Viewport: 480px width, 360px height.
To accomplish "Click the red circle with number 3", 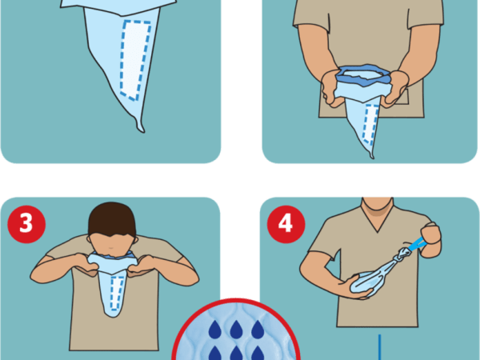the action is point(26,224).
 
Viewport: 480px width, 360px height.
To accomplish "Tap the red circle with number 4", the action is point(286,224).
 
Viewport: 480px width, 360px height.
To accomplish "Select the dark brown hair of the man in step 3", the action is point(112,218).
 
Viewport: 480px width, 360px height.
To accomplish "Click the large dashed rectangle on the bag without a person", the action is point(135,60).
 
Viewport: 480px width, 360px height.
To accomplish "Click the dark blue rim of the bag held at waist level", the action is point(363,74).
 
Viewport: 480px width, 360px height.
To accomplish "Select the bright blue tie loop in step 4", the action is point(418,245).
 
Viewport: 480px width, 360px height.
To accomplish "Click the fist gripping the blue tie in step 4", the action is point(430,240).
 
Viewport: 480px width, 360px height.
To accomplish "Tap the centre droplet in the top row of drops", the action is point(236,330).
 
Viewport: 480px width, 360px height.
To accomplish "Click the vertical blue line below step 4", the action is point(379,347).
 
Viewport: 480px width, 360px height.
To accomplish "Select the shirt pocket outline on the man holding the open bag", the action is point(401,98).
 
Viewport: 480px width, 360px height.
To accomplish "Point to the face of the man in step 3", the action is point(111,246).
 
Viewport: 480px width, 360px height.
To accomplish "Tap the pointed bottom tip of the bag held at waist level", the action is point(372,157).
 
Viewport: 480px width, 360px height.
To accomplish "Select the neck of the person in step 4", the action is point(377,203).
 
